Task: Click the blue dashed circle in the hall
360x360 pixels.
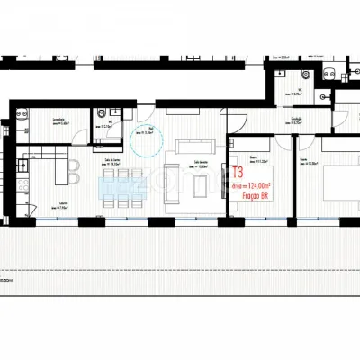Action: (147, 141)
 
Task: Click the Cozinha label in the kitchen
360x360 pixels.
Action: (62, 202)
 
